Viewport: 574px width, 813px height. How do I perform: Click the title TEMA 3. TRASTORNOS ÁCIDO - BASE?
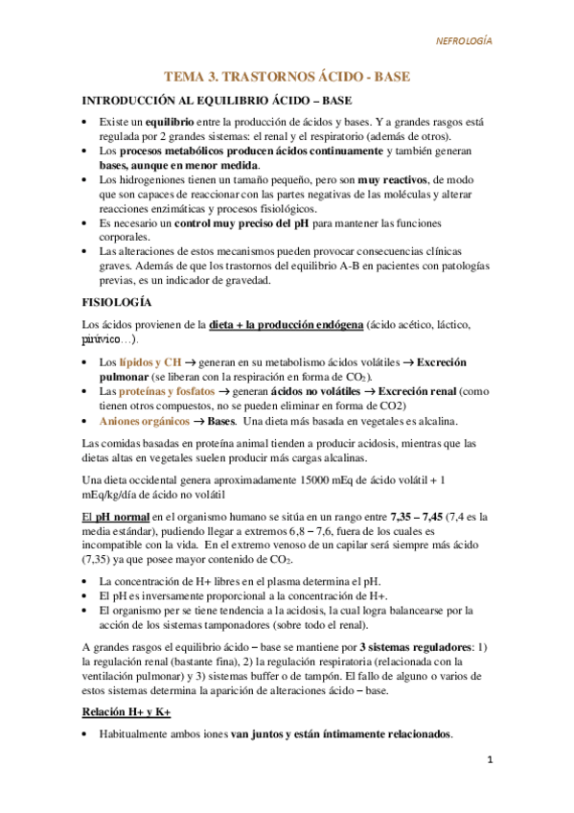click(x=287, y=76)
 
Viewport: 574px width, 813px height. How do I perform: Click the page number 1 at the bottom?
click(x=488, y=761)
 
